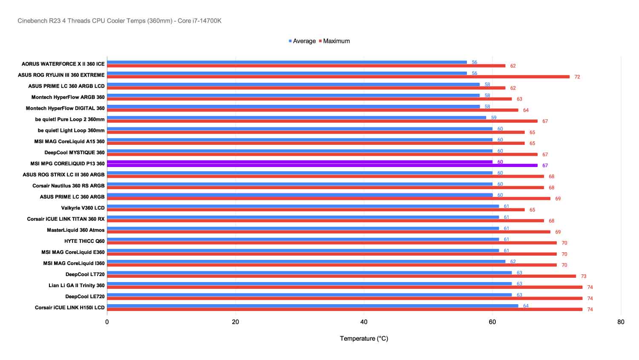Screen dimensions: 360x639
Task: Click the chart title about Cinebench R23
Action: [x=119, y=21]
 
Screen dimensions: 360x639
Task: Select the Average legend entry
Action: [x=304, y=41]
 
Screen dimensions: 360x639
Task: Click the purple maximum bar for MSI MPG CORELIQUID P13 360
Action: [x=322, y=165]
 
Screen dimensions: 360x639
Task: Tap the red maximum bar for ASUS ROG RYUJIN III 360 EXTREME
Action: [x=338, y=77]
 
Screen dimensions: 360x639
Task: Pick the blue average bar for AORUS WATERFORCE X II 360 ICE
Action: [x=287, y=62]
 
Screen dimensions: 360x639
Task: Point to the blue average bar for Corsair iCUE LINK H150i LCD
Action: [x=312, y=305]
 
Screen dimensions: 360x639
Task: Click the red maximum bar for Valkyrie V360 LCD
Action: [x=316, y=210]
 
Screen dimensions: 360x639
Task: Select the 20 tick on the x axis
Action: [x=235, y=322]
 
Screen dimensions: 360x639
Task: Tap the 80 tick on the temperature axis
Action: [x=621, y=322]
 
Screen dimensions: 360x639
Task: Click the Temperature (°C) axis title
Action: [x=364, y=339]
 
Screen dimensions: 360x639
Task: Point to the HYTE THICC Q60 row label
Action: [x=84, y=241]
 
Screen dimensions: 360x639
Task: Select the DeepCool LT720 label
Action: [x=85, y=274]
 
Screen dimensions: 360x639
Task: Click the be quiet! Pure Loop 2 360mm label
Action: [x=70, y=119]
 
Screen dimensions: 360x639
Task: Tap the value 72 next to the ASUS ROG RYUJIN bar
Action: [x=577, y=77]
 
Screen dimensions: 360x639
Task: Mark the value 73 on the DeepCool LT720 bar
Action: [x=584, y=276]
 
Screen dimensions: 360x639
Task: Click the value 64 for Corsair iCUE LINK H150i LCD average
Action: [x=526, y=306]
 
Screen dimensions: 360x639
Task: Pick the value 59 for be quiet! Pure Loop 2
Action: [x=494, y=118]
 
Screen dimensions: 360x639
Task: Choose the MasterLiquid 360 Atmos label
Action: [x=75, y=230]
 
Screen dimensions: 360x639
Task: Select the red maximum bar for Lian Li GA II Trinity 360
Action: [x=345, y=287]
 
